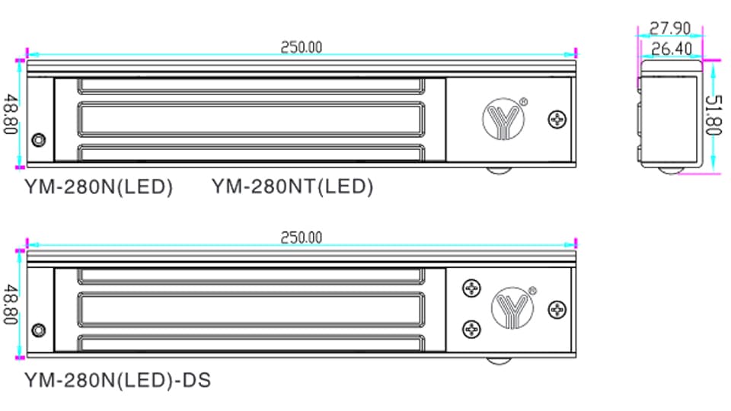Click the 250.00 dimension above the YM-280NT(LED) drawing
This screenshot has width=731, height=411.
point(301,47)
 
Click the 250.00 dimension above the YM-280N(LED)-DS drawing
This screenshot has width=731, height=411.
point(301,237)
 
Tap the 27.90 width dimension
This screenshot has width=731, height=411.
point(669,29)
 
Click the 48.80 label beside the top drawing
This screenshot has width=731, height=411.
point(11,114)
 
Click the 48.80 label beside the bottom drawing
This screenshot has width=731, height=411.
point(11,304)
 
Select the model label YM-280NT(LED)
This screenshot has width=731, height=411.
point(292,186)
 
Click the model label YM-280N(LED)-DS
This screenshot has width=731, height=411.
point(117,378)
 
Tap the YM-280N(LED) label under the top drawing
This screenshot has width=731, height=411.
point(98,186)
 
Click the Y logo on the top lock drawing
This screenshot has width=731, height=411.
point(504,119)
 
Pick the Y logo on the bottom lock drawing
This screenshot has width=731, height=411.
point(514,307)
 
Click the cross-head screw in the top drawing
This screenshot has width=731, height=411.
point(558,119)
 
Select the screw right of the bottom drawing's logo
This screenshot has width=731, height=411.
point(558,310)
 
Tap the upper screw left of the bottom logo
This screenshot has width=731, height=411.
point(472,288)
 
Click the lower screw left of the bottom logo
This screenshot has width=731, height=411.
point(472,328)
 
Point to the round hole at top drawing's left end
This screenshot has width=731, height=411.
point(38,140)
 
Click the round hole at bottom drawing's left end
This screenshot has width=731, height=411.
point(38,330)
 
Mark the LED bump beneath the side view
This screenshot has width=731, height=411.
point(670,170)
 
